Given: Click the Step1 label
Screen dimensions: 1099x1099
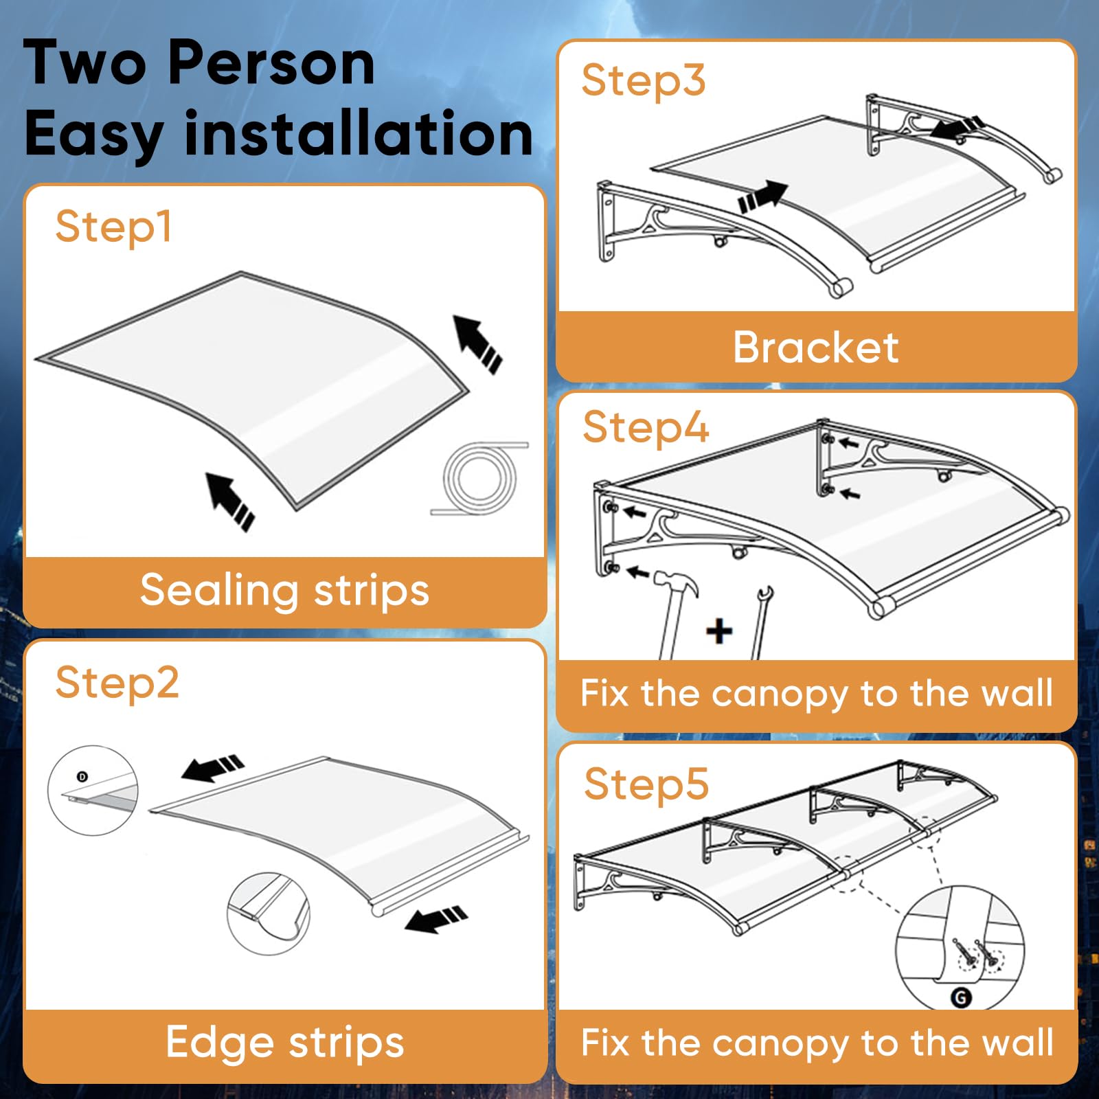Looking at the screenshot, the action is click(x=113, y=227).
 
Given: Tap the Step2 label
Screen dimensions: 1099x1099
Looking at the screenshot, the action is click(x=117, y=683).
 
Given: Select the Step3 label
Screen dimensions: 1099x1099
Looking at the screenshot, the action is click(x=644, y=81).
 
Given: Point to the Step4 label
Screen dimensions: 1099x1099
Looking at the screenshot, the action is click(x=646, y=428).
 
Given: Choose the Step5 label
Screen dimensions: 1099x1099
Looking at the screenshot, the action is click(x=646, y=784).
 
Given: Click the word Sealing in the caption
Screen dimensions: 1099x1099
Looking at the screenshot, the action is click(x=219, y=591).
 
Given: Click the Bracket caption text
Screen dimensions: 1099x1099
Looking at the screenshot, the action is click(x=815, y=347).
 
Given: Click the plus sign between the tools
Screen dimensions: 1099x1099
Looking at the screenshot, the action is click(x=719, y=631).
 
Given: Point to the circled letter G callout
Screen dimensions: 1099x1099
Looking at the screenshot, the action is click(x=961, y=997).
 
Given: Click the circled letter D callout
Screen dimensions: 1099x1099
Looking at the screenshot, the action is click(x=82, y=777).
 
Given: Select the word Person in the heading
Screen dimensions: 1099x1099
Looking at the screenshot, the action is click(x=271, y=63).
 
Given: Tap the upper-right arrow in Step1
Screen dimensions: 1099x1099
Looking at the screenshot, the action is click(x=477, y=343).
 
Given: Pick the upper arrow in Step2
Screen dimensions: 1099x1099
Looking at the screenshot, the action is click(x=212, y=768).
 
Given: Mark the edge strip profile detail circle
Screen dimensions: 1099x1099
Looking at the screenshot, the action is click(x=269, y=914).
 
